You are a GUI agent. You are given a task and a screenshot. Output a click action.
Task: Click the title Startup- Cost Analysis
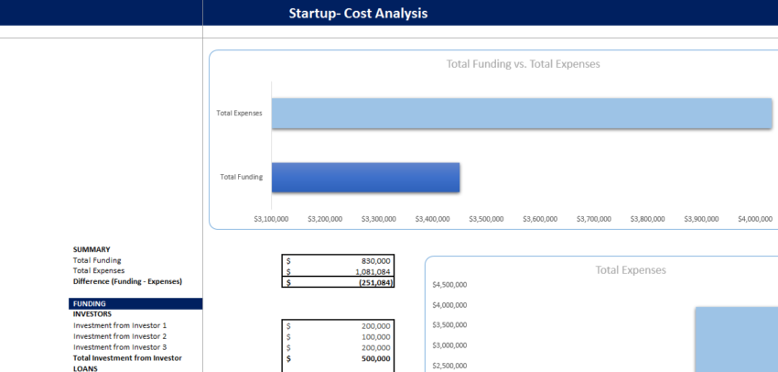click(x=358, y=13)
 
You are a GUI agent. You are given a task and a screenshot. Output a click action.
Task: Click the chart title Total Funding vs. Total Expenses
click(x=523, y=64)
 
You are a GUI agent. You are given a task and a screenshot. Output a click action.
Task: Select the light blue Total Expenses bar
click(x=522, y=113)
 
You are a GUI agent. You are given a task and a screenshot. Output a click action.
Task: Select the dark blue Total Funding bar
click(x=365, y=176)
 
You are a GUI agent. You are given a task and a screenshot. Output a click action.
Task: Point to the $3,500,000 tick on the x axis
click(x=486, y=219)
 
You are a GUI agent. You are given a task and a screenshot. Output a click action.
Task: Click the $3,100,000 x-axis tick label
click(x=272, y=219)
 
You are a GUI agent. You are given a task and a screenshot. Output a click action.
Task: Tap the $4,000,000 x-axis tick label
click(x=754, y=219)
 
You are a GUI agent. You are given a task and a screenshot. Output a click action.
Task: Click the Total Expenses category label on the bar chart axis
click(x=239, y=113)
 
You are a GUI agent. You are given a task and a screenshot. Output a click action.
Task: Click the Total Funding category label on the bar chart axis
click(x=241, y=176)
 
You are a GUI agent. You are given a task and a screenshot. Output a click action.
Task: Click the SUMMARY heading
click(x=92, y=249)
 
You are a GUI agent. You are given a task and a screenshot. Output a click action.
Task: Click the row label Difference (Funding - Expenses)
click(x=127, y=281)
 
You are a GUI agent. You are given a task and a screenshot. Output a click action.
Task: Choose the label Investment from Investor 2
click(x=120, y=336)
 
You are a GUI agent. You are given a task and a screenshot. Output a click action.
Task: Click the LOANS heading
click(x=87, y=368)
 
